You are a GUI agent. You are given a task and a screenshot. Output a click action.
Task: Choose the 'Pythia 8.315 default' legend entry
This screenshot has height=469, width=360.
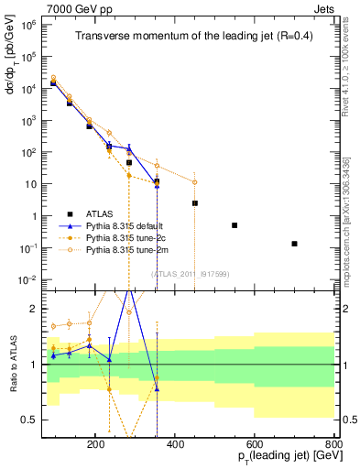(128, 224)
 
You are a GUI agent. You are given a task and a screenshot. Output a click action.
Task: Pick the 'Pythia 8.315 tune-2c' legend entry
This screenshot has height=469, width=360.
(128, 236)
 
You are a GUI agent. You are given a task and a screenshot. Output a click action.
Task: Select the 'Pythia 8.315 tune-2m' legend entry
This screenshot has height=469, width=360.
(128, 248)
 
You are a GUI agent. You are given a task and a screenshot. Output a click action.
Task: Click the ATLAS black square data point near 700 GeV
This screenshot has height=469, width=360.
(294, 244)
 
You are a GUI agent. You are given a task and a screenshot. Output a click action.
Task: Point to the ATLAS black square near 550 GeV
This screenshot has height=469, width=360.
(235, 225)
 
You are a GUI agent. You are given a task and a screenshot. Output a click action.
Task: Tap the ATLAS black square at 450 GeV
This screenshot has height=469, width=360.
(195, 203)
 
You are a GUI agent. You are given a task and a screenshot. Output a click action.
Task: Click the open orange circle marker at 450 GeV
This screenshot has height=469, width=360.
(195, 181)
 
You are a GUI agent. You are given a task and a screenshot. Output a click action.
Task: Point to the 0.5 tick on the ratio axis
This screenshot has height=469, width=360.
(34, 420)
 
